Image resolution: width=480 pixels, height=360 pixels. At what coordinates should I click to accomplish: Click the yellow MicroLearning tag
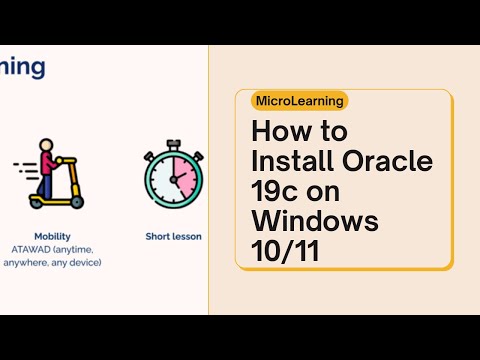(300, 100)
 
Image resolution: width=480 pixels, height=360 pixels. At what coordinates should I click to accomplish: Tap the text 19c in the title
(272, 190)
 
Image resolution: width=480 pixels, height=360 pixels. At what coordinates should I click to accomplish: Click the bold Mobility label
(51, 237)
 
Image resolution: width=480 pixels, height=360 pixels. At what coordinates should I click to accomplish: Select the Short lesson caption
(173, 237)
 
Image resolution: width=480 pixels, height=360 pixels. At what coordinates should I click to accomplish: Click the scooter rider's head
(47, 146)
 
